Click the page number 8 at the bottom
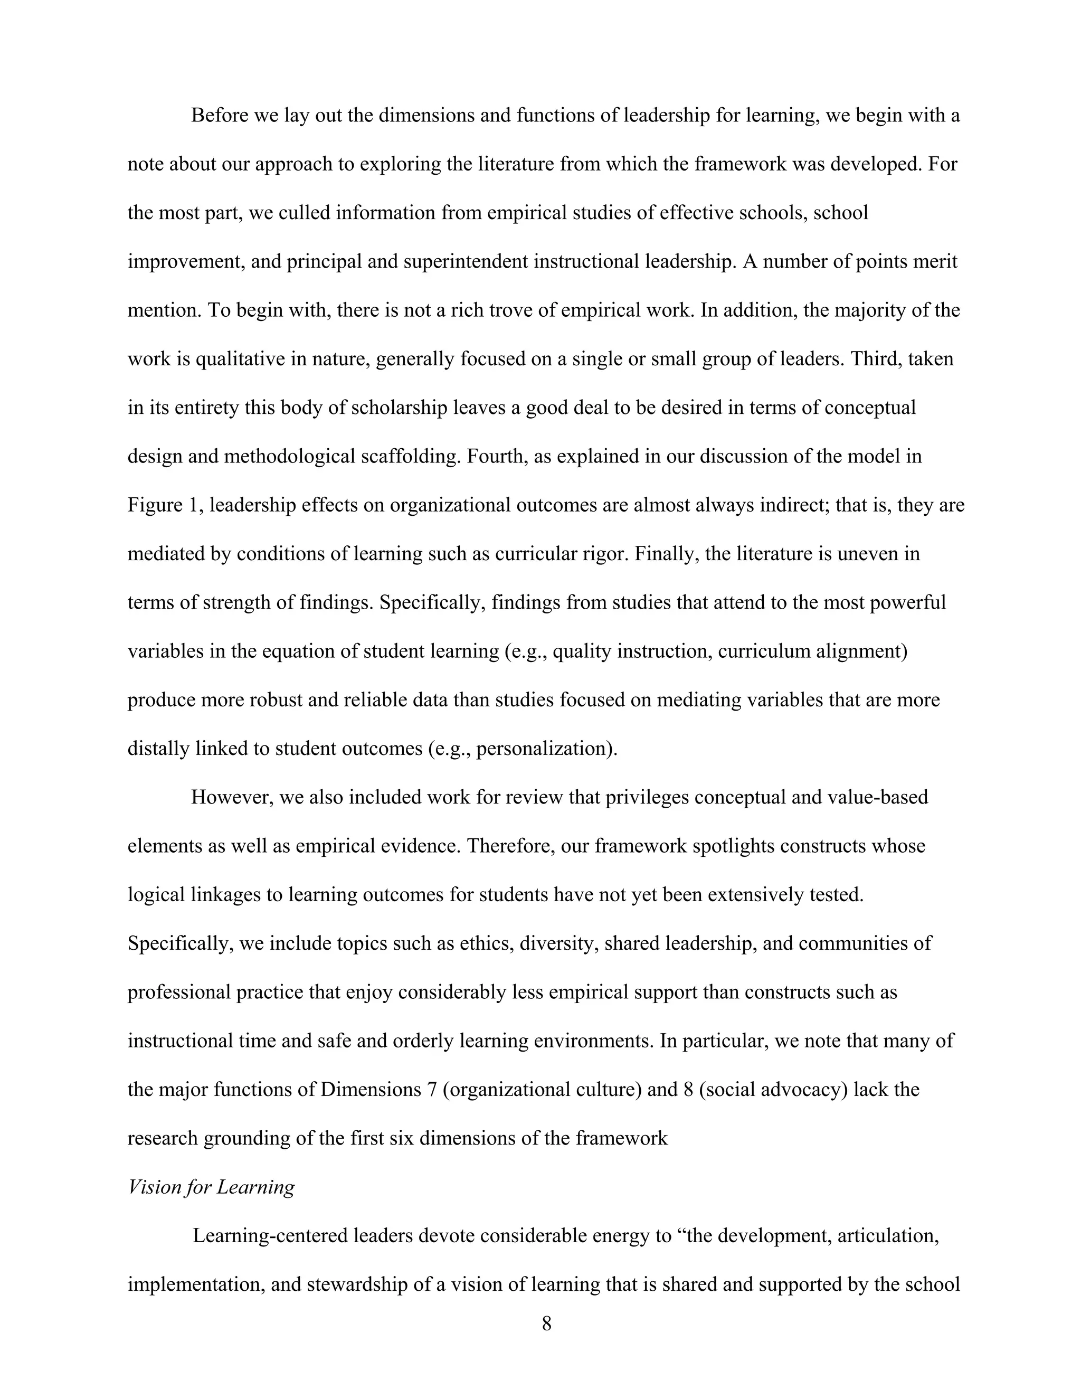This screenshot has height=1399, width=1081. pyautogui.click(x=546, y=1324)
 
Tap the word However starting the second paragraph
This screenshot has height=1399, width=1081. pyautogui.click(x=232, y=798)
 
